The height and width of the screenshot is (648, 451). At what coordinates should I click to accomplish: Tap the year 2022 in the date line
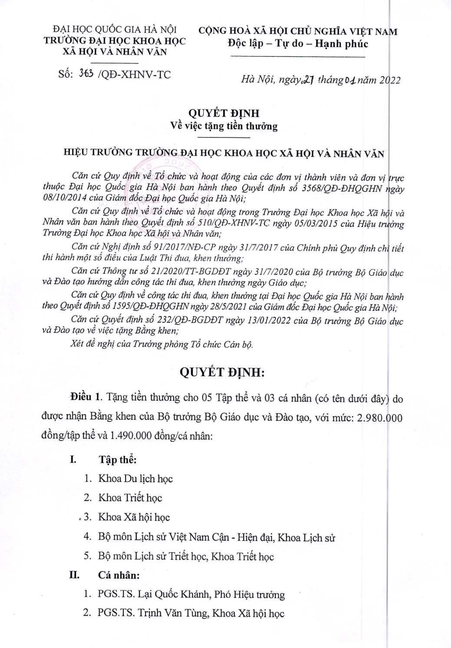click(390, 80)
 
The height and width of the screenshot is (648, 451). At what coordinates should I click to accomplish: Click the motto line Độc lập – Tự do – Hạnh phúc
click(298, 43)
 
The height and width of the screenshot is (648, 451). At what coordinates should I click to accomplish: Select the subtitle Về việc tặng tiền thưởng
click(224, 126)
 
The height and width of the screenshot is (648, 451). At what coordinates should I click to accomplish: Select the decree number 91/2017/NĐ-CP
click(177, 248)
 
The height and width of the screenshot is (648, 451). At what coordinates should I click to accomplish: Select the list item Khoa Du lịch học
click(135, 479)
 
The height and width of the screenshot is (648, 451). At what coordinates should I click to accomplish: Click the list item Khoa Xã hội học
click(134, 517)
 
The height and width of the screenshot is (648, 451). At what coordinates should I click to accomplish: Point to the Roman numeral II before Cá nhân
click(75, 575)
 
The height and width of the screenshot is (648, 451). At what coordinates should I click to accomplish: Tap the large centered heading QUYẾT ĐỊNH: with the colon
click(222, 372)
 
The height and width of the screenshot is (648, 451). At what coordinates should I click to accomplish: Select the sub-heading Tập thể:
click(118, 460)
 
